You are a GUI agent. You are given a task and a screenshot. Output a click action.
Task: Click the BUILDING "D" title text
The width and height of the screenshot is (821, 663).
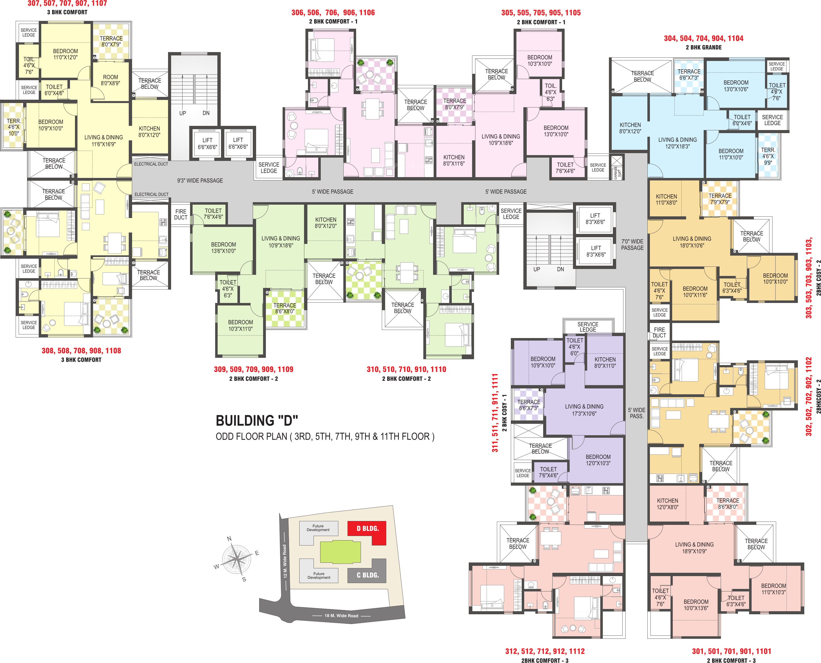click(x=257, y=420)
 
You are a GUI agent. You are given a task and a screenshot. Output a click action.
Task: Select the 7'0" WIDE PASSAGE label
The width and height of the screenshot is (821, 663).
click(x=632, y=245)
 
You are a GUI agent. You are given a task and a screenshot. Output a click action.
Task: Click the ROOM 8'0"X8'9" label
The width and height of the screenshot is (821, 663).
click(x=110, y=80)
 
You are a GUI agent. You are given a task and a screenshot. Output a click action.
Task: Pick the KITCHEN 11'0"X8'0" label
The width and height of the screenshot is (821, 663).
click(x=666, y=199)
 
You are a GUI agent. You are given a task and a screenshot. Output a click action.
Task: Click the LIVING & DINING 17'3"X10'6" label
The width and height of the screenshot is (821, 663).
click(x=584, y=410)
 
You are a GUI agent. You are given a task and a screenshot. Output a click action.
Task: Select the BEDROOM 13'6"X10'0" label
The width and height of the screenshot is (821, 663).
click(x=224, y=248)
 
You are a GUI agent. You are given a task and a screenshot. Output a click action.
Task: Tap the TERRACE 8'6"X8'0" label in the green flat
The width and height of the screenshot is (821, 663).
click(x=285, y=308)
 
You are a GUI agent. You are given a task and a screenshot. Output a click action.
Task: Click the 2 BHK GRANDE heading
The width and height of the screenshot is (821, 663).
click(x=704, y=47)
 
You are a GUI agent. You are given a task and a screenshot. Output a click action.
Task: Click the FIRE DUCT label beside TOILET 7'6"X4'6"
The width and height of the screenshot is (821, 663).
click(x=181, y=214)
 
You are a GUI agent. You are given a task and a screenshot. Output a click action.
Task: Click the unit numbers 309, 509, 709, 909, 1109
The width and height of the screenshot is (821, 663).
click(x=253, y=369)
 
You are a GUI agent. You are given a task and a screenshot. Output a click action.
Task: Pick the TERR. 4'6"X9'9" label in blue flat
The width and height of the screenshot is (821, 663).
click(x=768, y=156)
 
